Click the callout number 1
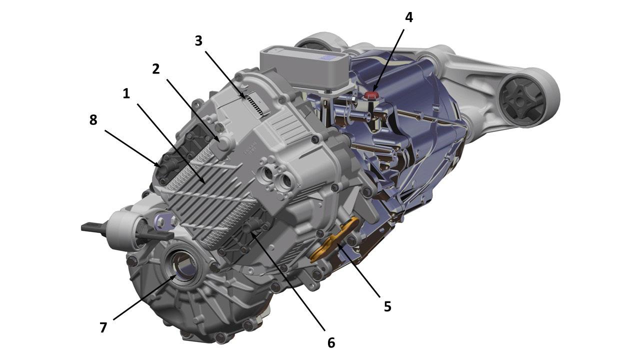[x=126, y=93]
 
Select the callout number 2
[x=155, y=69]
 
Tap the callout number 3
[x=198, y=41]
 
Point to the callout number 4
[x=409, y=17]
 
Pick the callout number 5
[x=387, y=306]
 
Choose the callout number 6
[x=331, y=342]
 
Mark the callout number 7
[x=103, y=327]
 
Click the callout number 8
[x=93, y=120]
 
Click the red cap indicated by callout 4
[x=371, y=95]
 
